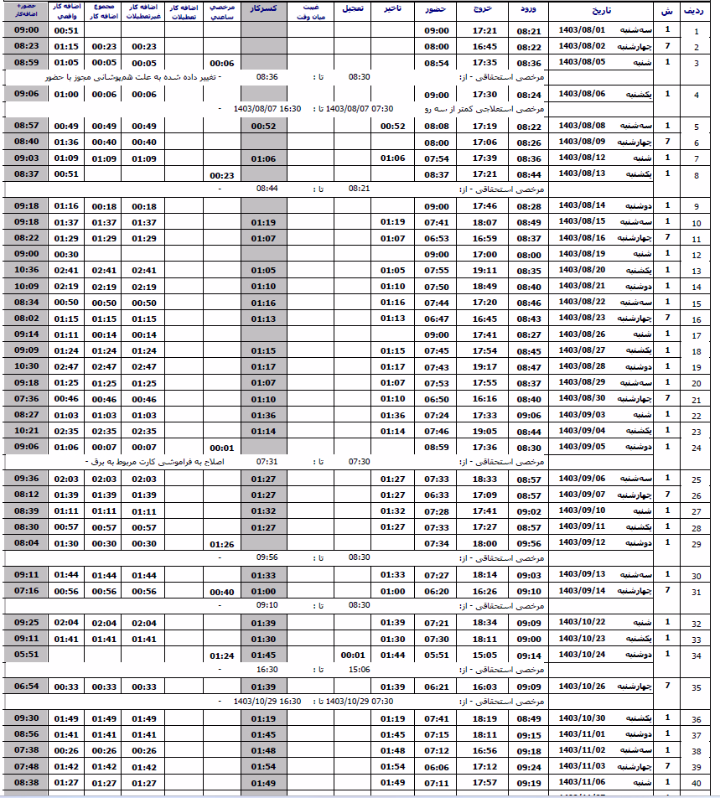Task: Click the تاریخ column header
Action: click(596, 11)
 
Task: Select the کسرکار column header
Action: click(264, 11)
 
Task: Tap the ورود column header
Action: click(527, 11)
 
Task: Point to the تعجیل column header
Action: click(352, 11)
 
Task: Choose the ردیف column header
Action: click(694, 11)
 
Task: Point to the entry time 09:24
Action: click(528, 766)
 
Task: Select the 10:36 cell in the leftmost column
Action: click(26, 270)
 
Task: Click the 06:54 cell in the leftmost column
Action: click(26, 687)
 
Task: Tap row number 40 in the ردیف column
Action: click(695, 785)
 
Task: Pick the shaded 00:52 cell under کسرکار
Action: click(263, 126)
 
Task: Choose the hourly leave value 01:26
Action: click(221, 544)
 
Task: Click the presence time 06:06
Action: click(436, 766)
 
